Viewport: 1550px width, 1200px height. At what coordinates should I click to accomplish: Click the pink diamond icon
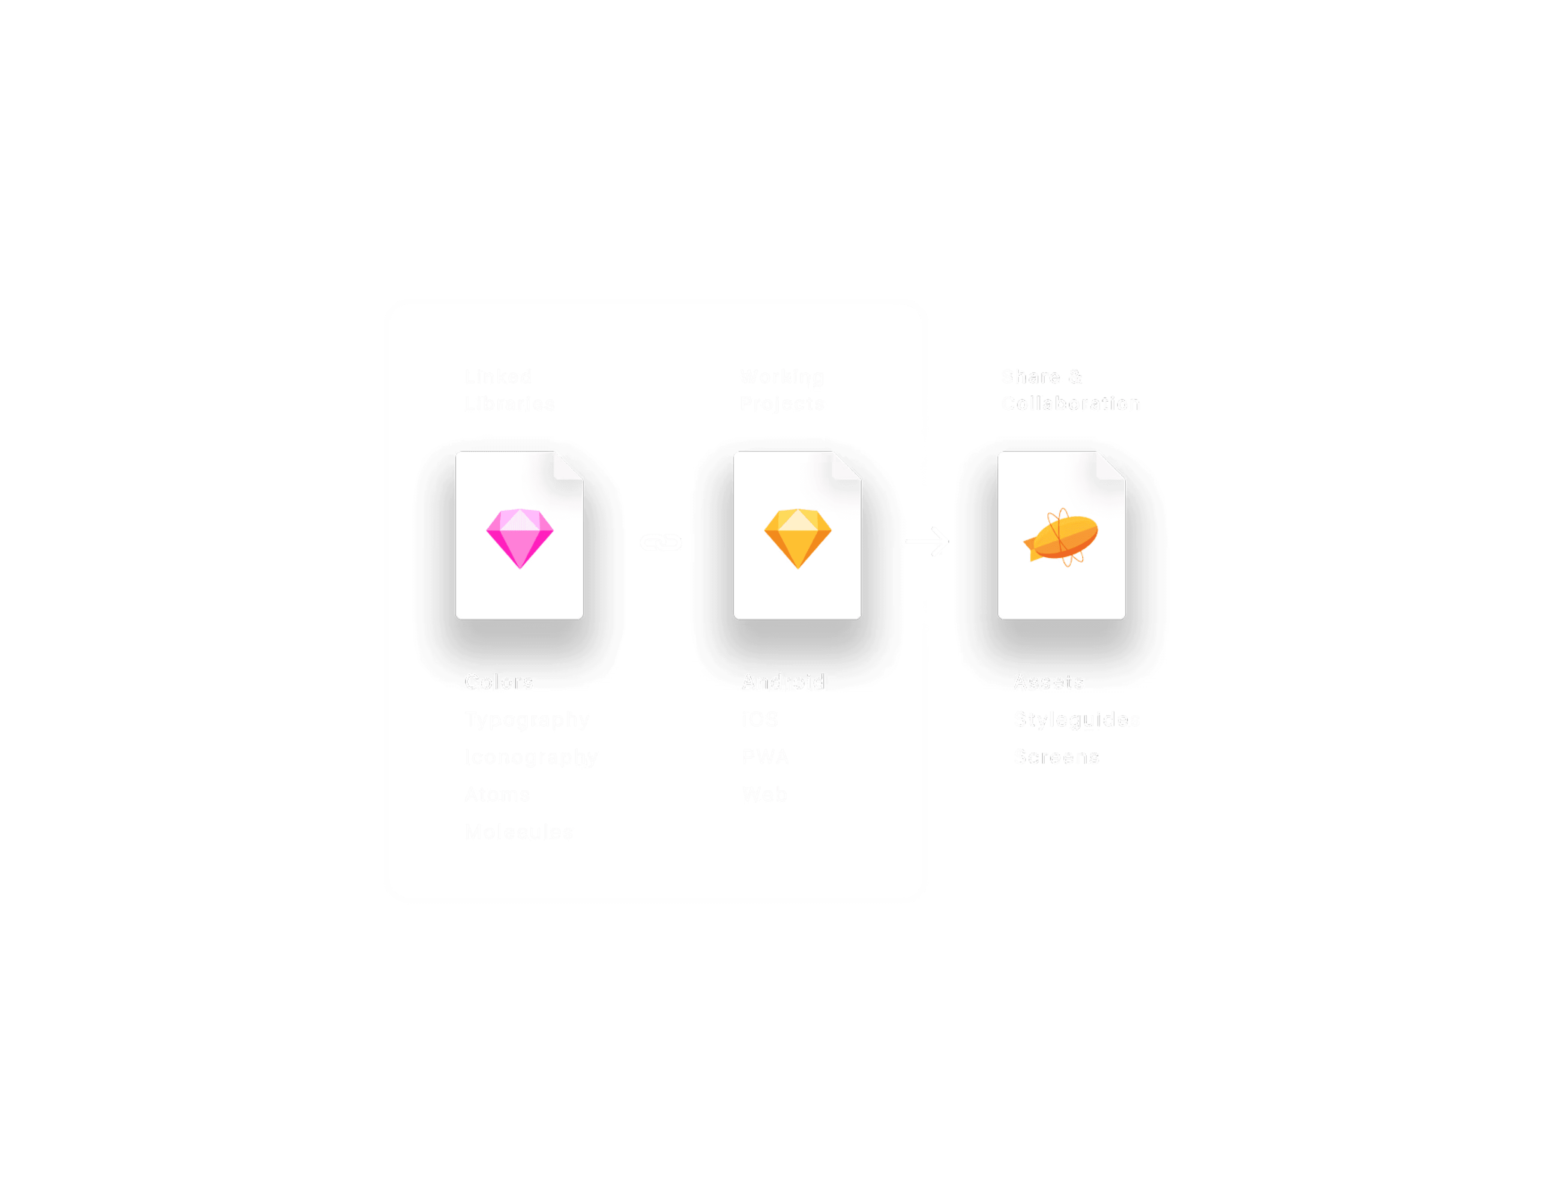pos(520,537)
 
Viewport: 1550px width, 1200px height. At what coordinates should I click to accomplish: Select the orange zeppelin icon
pos(1061,537)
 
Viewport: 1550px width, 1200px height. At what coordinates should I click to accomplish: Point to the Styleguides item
pos(1076,720)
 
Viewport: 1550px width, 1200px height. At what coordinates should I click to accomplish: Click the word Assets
pos(1048,682)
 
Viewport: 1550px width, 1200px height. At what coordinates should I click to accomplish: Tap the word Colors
pos(498,682)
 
